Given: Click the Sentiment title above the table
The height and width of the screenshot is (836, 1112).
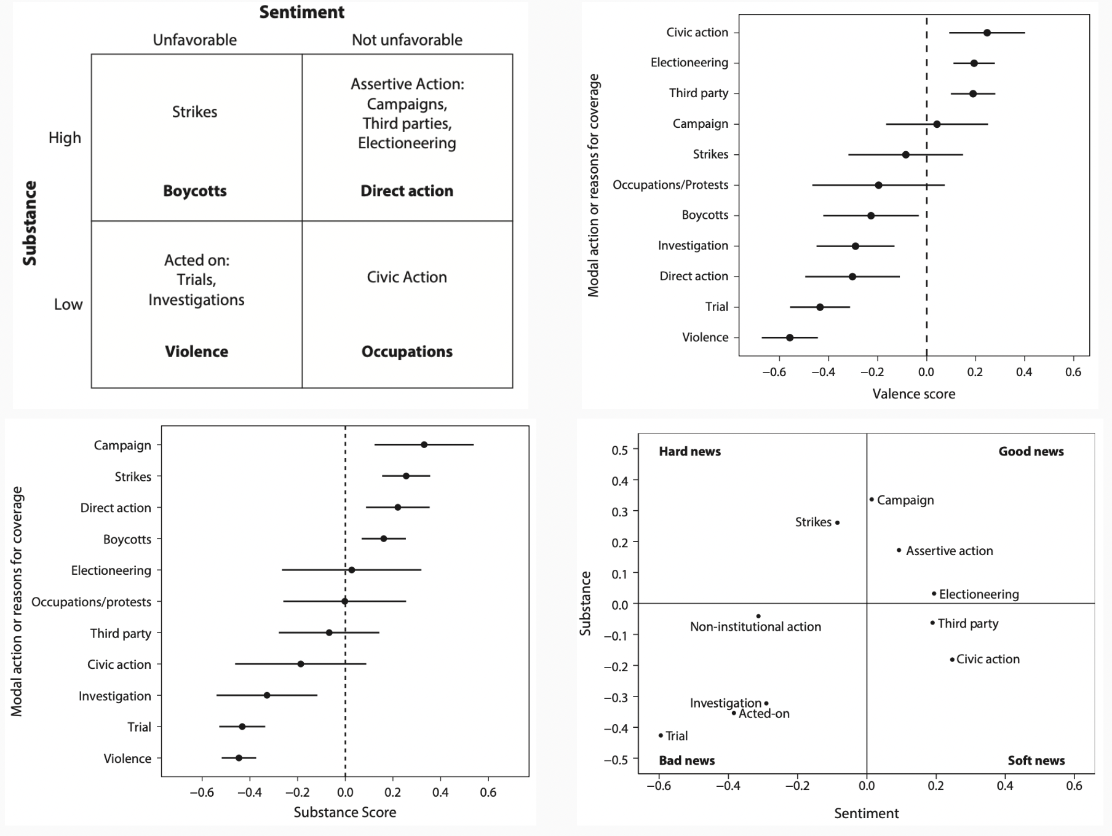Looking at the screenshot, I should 301,12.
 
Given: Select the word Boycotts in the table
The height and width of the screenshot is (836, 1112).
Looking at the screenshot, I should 194,191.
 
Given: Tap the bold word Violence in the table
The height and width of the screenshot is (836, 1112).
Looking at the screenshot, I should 196,352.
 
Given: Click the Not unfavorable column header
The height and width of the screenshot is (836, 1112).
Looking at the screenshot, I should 407,40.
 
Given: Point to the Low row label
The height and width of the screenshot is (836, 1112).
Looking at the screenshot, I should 68,304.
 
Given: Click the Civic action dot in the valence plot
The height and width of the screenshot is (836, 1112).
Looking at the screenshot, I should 987,33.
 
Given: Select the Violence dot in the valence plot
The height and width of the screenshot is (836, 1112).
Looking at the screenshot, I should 790,337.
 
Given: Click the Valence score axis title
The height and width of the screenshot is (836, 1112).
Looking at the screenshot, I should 913,394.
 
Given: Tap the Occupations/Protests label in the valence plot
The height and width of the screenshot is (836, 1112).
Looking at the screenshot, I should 670,185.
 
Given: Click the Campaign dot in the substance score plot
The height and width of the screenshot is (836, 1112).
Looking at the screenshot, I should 424,444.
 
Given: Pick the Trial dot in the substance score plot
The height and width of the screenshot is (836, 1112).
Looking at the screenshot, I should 242,727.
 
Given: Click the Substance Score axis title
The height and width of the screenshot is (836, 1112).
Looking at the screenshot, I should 344,812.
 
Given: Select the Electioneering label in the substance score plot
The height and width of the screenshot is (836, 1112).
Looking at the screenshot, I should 111,570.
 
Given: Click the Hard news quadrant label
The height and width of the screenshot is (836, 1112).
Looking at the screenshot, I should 689,451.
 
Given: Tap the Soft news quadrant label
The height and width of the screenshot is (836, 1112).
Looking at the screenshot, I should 1036,760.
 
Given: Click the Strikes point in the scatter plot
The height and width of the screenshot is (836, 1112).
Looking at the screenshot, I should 837,522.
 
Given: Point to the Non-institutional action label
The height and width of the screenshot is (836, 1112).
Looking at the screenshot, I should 755,627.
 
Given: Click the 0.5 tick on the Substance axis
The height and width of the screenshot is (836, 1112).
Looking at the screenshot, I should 619,450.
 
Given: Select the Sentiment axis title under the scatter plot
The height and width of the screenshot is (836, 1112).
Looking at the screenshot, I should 866,813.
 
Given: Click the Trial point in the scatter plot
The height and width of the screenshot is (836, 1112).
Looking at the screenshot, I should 661,735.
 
